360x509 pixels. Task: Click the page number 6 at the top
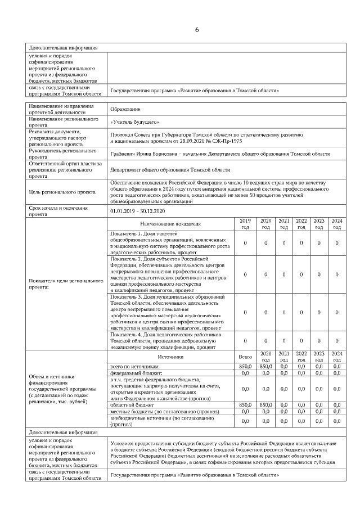(197, 29)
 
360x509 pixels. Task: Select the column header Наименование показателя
(170, 223)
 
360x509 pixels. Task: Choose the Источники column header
(170, 357)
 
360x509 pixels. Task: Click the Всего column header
(245, 357)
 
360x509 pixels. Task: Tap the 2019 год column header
(245, 223)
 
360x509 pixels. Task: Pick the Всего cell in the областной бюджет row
(245, 404)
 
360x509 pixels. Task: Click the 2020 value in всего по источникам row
(265, 366)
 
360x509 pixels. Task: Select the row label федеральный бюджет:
(136, 372)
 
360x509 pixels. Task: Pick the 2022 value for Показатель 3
(301, 312)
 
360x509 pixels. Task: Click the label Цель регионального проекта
(61, 191)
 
